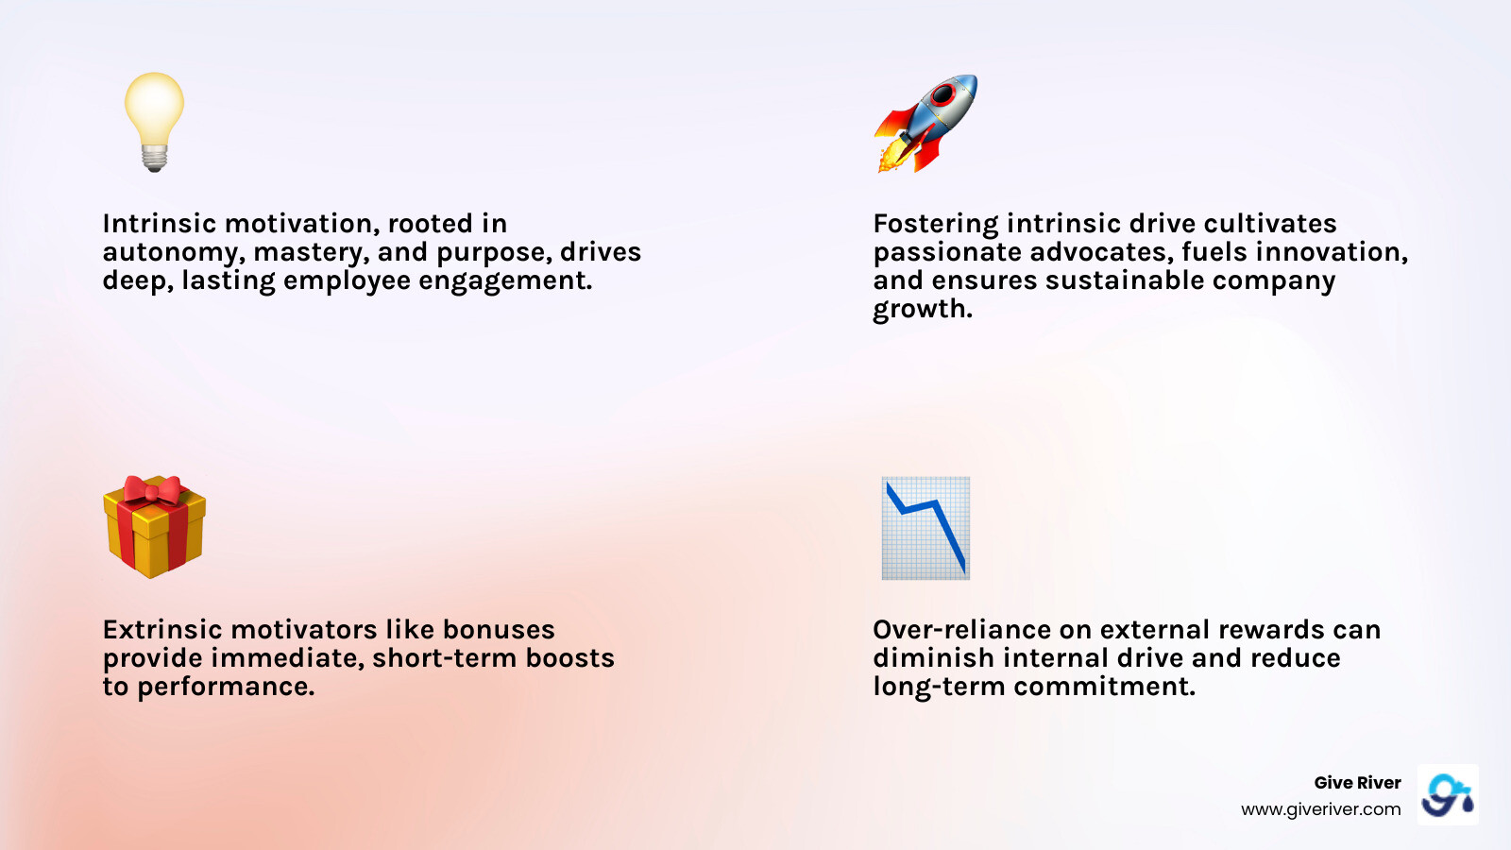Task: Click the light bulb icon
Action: [154, 120]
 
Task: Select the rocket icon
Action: [925, 124]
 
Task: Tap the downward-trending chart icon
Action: [925, 528]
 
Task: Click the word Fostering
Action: [935, 225]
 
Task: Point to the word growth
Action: [922, 310]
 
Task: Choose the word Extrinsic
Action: [162, 630]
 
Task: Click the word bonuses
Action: [498, 630]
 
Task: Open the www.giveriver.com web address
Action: [1320, 809]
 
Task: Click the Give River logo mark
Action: [1448, 795]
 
